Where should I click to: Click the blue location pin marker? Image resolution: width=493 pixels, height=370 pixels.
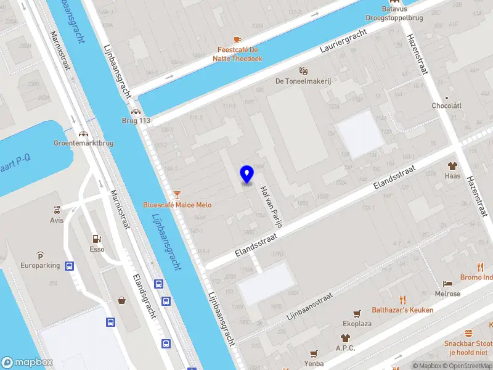point(247,175)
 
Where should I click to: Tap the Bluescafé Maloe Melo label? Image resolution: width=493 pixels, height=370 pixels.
point(177,205)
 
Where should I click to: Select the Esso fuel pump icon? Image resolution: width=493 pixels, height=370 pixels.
point(96,239)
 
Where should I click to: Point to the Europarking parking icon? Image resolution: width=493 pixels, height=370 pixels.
point(40,256)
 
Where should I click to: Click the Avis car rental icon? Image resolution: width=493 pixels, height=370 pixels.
point(57,209)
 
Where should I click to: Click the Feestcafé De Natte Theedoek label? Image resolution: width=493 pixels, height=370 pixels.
point(240,54)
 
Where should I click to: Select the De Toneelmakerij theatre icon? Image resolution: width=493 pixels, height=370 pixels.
point(302,71)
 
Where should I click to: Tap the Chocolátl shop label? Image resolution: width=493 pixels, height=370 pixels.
point(447,106)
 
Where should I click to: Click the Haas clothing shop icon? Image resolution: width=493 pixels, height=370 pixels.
point(452,166)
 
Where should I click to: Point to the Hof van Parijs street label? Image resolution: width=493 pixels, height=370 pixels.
point(271,207)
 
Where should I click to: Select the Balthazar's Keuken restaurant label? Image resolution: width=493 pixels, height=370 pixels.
point(402,310)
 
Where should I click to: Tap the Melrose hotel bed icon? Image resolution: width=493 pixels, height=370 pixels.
point(447,284)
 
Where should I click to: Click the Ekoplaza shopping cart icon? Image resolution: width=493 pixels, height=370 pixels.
point(356,313)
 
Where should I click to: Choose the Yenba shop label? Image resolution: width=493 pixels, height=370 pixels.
point(314,363)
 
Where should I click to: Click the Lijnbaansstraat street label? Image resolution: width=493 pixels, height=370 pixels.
point(309,306)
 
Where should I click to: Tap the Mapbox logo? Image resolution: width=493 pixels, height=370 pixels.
point(27,363)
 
